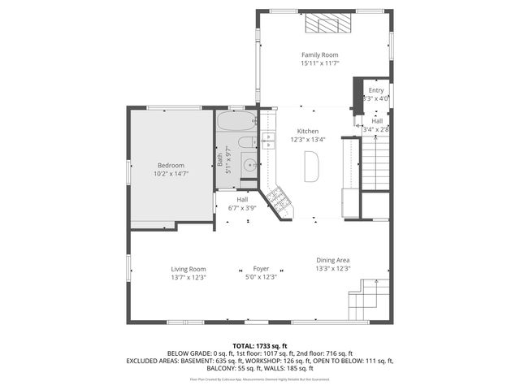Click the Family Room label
pos(319,54)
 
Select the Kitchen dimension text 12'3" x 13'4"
pos(307,140)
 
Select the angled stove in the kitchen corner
pos(279,201)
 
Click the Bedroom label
pos(171,165)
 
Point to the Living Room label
pos(188,269)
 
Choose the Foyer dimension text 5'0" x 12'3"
pos(261,278)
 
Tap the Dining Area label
pos(333,260)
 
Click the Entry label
pos(376,90)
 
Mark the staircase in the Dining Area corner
pos(365,299)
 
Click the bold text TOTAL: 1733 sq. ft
pos(260,345)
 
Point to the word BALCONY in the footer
pos(221,369)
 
